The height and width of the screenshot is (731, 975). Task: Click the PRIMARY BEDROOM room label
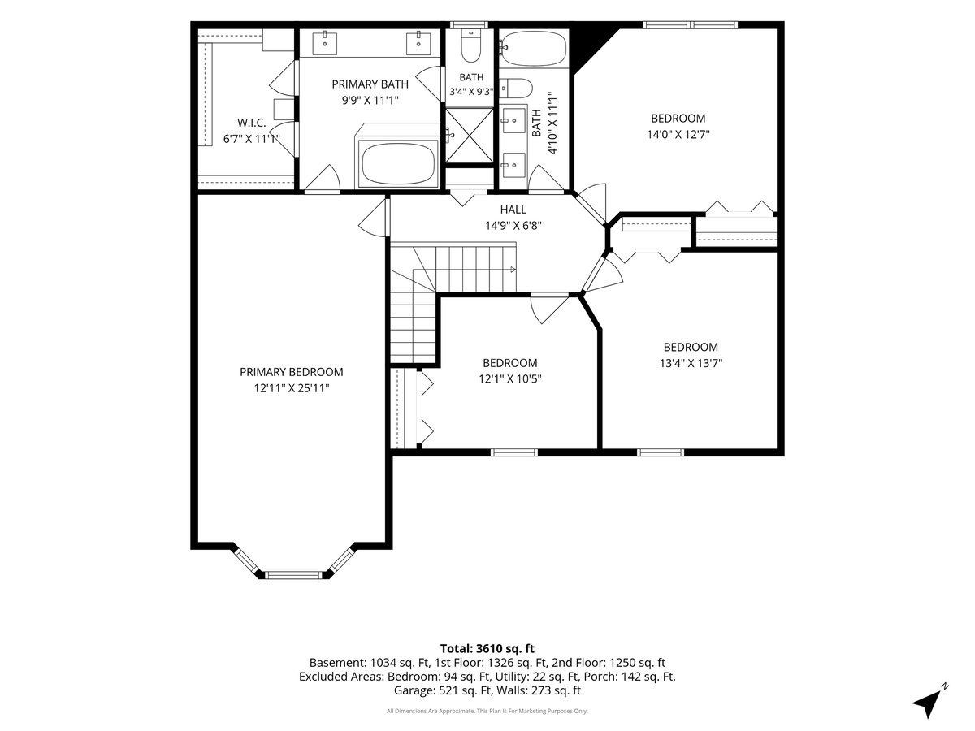[x=292, y=372]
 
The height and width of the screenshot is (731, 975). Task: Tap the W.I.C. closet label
[x=251, y=123]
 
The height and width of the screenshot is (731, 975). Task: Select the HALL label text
[x=513, y=210]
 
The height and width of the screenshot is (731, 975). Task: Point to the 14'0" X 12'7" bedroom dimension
[x=678, y=134]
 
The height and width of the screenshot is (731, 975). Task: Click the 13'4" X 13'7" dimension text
[x=691, y=363]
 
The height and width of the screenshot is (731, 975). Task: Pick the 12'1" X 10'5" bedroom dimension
[x=510, y=379]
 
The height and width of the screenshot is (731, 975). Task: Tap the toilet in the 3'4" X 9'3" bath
[x=470, y=45]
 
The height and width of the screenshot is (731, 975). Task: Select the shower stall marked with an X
[x=470, y=136]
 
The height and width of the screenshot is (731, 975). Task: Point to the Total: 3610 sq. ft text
[x=487, y=648]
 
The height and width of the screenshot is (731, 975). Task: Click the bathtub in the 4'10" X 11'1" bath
[x=534, y=48]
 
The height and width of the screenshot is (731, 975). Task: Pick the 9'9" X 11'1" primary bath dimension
[x=370, y=100]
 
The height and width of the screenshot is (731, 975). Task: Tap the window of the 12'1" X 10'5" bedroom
[x=514, y=452]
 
